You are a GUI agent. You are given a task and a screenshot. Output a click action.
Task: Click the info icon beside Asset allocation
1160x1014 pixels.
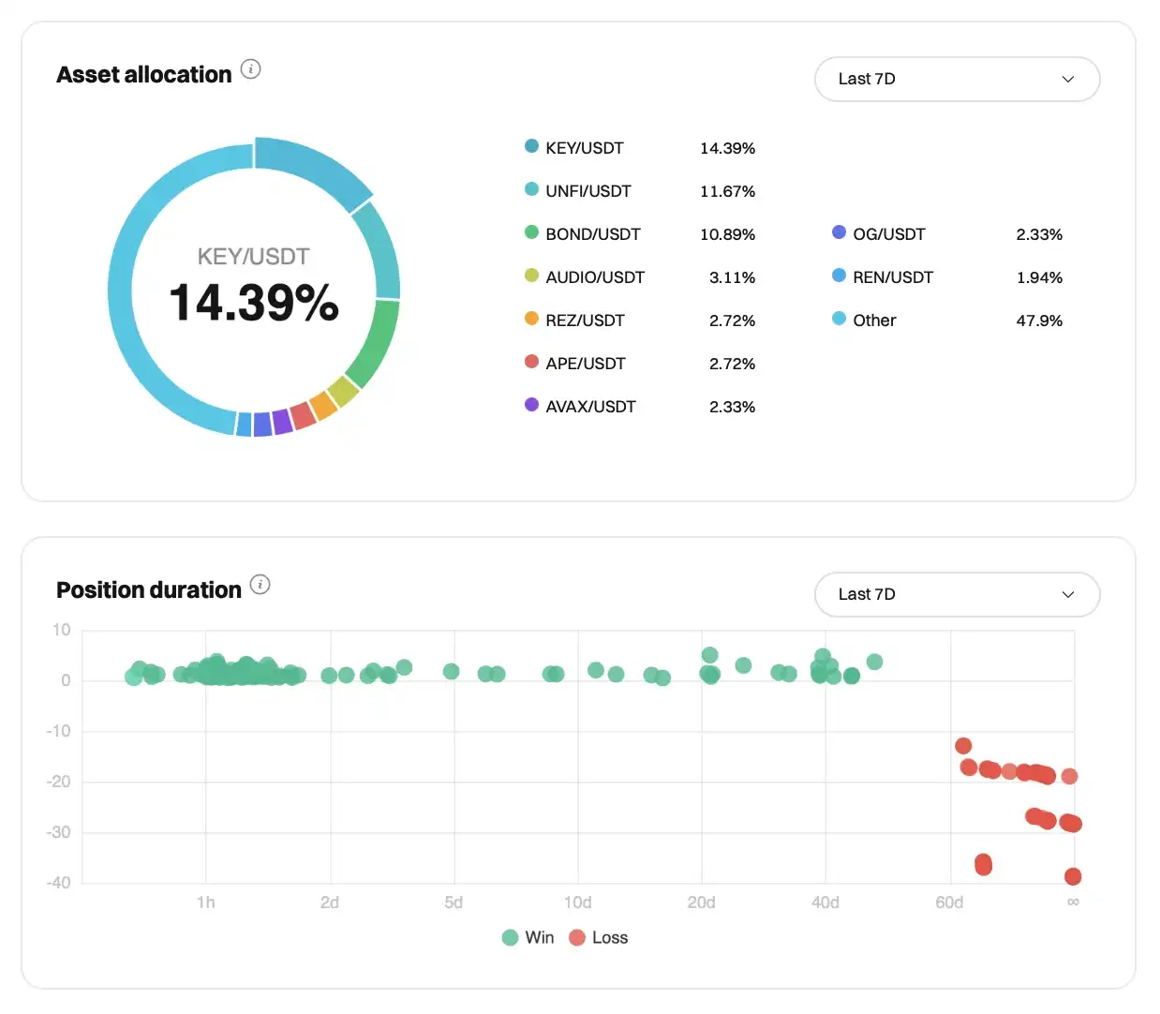(251, 69)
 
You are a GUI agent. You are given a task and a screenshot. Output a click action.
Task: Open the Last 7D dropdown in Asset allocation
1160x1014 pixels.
(957, 79)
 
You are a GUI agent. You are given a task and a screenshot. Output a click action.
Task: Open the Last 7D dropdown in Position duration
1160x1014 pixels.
(957, 594)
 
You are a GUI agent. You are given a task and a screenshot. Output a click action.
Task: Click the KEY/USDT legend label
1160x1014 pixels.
(584, 148)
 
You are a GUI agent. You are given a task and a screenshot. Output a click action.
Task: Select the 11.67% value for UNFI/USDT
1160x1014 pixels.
(727, 191)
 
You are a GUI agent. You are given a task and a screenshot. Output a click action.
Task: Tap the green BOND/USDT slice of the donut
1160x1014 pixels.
(373, 342)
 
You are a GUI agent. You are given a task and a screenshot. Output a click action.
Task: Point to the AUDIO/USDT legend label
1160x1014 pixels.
(595, 277)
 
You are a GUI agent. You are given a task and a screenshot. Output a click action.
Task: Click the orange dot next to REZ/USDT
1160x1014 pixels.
(531, 319)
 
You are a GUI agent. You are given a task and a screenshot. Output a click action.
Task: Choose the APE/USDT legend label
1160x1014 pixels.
(585, 364)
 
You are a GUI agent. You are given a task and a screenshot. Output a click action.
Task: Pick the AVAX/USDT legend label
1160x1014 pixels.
(590, 407)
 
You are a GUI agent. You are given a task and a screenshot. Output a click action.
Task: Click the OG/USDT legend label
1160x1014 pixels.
(888, 234)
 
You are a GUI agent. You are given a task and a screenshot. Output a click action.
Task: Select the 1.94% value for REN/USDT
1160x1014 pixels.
(1039, 277)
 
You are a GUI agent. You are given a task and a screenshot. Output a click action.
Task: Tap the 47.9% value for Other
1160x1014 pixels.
(1039, 321)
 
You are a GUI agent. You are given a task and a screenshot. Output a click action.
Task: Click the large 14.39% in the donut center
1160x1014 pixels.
(254, 303)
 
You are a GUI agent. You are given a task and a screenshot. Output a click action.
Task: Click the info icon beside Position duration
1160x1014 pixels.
(260, 585)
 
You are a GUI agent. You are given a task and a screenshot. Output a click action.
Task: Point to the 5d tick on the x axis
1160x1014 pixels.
(454, 902)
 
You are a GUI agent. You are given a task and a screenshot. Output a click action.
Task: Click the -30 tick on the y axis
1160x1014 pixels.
(59, 832)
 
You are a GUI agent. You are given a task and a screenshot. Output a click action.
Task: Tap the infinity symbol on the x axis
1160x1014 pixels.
(1073, 902)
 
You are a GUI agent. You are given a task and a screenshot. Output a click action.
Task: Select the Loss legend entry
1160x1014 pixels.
(599, 937)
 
